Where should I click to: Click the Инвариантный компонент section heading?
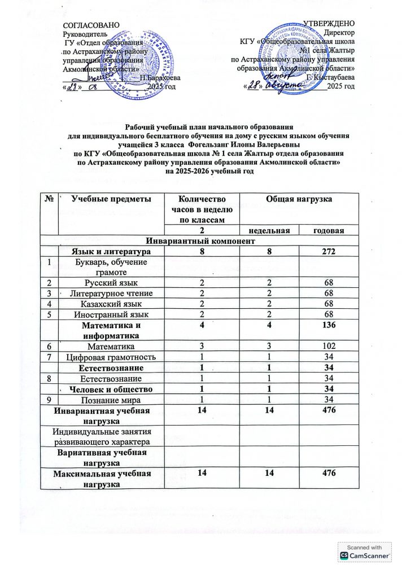[201, 240]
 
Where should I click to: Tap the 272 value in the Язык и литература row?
[327, 251]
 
